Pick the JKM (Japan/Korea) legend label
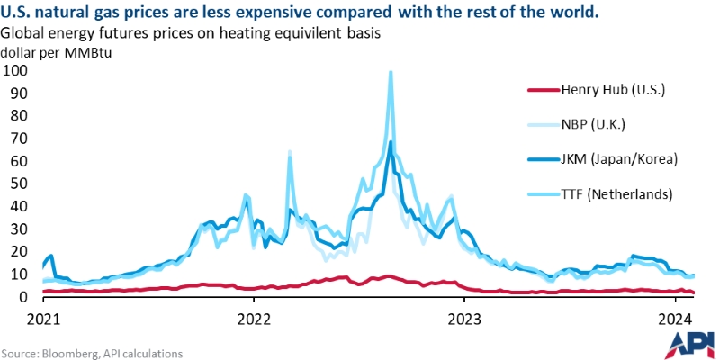(x=618, y=159)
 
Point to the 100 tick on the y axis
(x=15, y=70)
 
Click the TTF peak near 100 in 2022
(x=390, y=73)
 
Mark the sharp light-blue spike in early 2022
(x=289, y=153)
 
